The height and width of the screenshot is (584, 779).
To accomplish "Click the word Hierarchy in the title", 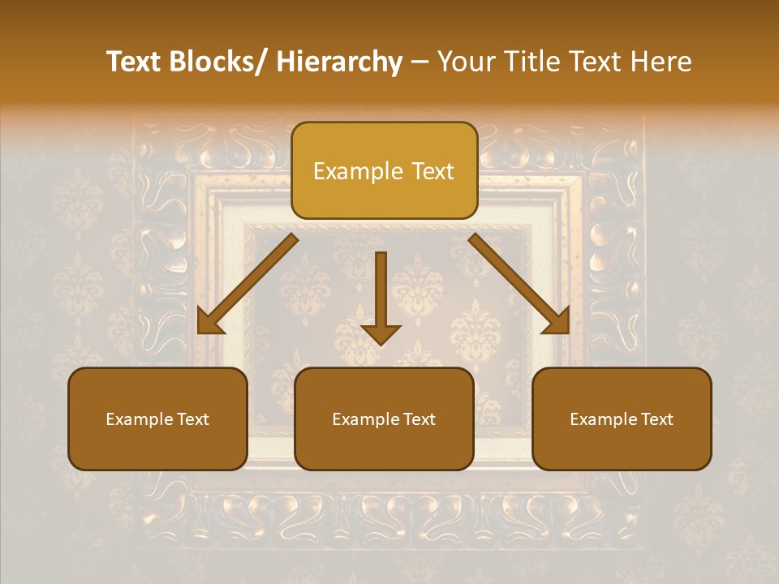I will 338,62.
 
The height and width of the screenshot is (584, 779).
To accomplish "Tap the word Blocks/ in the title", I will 222,62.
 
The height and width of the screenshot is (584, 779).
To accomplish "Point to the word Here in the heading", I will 659,62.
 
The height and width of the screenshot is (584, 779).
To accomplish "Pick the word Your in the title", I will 466,62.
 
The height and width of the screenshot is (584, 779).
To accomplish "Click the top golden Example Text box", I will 384,171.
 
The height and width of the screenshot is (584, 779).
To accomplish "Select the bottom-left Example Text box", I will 157,419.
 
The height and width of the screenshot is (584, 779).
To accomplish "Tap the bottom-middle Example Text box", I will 384,419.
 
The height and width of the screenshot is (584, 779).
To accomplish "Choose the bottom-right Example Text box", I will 622,419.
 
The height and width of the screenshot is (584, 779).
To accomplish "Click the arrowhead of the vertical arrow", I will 381,333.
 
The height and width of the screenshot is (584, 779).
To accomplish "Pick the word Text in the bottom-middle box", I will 418,419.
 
